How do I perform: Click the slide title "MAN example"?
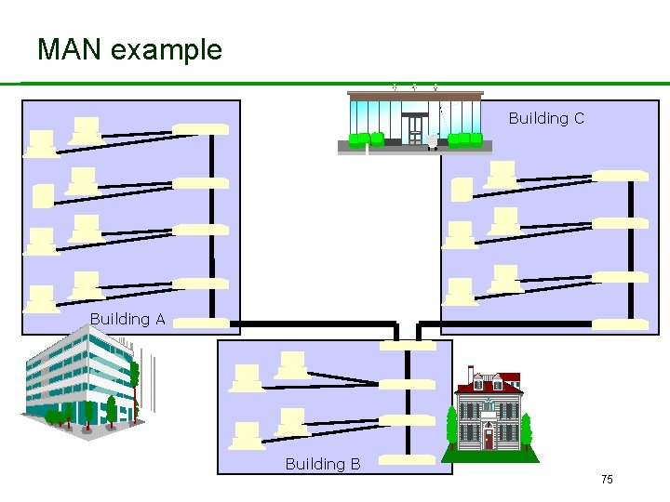point(129,49)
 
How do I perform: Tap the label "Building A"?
point(127,319)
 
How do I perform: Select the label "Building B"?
point(323,463)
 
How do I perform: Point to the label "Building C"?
point(546,118)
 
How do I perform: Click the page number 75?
point(607,479)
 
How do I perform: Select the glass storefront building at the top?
point(415,120)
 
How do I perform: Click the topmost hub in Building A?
point(201,128)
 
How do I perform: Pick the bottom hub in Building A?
point(201,324)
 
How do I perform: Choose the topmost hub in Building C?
point(620,175)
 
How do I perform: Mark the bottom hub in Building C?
point(620,324)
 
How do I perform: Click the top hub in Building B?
point(407,345)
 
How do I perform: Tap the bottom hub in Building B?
point(407,458)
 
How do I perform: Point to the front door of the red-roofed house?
point(488,436)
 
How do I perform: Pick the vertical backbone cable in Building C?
point(632,251)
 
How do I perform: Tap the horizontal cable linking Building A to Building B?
point(316,324)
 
